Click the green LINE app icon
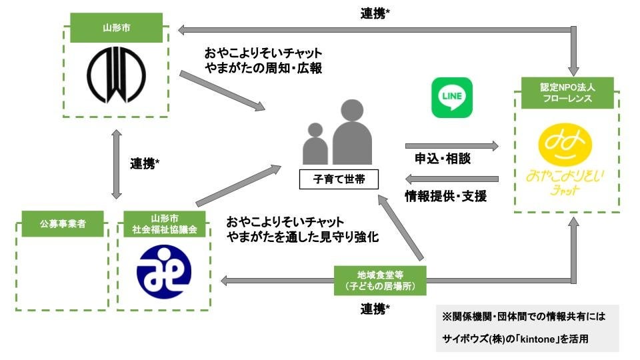pos(452,97)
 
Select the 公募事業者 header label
pos(62,224)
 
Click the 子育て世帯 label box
pos(339,179)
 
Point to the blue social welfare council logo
pos(163,273)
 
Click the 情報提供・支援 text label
pos(445,196)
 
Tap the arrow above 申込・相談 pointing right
pos(451,145)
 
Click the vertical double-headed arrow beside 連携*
pos(117,163)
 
